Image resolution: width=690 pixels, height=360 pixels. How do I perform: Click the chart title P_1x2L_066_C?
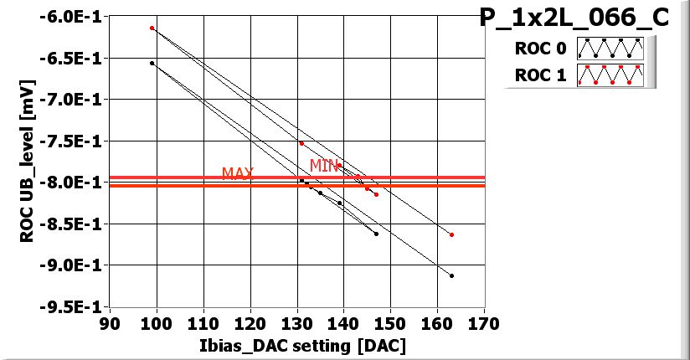point(574,18)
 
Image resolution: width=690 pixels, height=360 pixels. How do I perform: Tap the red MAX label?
point(237,173)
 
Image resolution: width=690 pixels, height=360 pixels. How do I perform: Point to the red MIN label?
point(324,166)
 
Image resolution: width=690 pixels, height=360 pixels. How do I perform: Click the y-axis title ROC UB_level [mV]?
point(26,162)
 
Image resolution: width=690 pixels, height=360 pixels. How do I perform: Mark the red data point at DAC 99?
point(152,28)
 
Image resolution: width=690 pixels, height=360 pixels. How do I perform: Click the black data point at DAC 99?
point(152,63)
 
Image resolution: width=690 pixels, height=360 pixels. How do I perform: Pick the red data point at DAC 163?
point(451,234)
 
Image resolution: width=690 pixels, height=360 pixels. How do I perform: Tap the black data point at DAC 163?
point(451,275)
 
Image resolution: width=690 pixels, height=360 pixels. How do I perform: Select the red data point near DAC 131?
point(301,143)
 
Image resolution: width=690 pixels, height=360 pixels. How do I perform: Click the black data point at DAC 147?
point(376,234)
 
